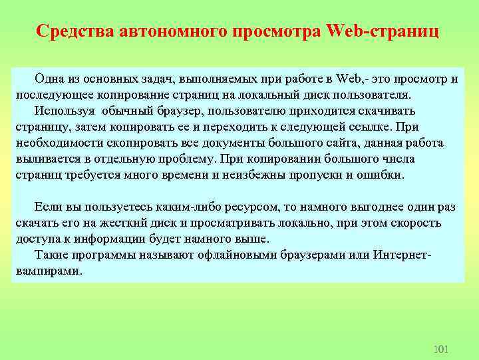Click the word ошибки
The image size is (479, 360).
[381, 175]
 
